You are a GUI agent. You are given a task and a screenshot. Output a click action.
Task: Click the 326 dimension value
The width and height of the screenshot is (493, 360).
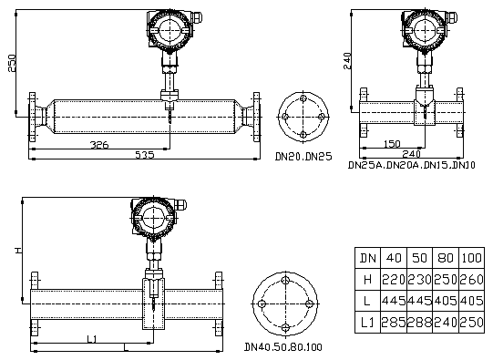point(99,145)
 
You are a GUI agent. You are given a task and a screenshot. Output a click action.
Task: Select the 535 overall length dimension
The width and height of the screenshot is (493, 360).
point(145,155)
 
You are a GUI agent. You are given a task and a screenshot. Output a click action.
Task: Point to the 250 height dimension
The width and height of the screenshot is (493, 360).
point(12,64)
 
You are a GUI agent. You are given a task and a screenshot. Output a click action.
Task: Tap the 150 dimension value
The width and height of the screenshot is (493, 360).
point(392,144)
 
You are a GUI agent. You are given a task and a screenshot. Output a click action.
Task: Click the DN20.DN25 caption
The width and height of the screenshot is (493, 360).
point(303,157)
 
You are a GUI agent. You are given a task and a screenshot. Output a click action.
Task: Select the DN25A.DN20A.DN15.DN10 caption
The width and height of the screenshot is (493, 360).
point(412,165)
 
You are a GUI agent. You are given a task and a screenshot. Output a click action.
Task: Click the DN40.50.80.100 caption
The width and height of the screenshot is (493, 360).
point(283,347)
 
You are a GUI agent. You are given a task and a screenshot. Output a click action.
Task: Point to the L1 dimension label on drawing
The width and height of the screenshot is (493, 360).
point(91,339)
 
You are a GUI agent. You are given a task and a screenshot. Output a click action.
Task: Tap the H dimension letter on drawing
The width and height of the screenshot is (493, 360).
point(19,251)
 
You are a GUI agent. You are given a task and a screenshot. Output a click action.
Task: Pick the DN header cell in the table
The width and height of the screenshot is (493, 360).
point(367,258)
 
